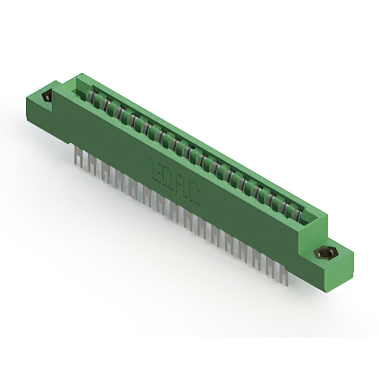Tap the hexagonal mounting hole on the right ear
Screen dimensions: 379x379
[323, 253]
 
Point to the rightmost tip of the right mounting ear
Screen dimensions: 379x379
[354, 255]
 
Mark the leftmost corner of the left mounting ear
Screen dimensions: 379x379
[26, 101]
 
